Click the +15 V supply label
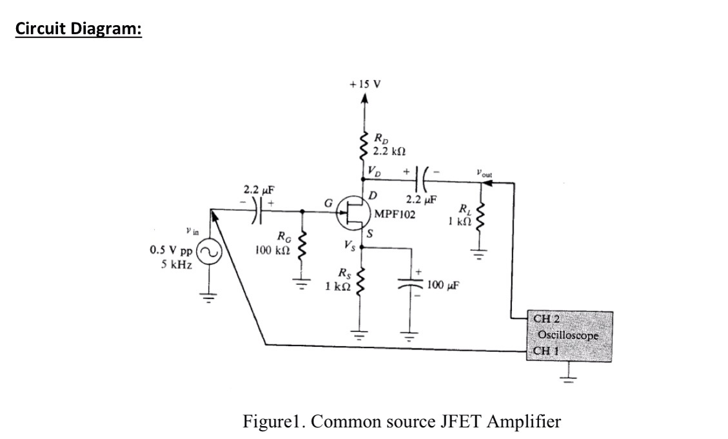[x=364, y=84]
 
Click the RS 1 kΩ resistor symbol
[x=362, y=282]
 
